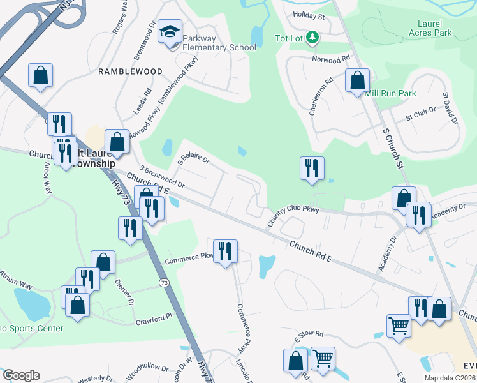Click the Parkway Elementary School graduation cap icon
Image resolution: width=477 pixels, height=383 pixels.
pos(170,32)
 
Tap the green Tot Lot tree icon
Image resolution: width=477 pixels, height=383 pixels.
pos(312,38)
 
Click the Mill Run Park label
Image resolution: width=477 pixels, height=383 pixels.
pos(390,93)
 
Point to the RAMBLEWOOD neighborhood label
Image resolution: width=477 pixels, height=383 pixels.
pos(130,71)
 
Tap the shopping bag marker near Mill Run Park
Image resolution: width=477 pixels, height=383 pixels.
pos(358,81)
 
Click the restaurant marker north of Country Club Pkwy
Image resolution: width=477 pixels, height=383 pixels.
pos(312,169)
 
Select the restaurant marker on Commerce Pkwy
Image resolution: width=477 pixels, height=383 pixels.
pos(225,251)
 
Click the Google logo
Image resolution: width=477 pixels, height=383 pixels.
pos(21,375)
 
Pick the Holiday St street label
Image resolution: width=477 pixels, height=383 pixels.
pos(309,16)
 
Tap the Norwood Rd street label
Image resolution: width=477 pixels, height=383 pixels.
pos(332,59)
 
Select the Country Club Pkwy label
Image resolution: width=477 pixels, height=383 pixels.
pos(293,214)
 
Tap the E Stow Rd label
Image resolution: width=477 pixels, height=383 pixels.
pos(309,334)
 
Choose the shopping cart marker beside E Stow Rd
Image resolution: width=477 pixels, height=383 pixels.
pos(399,326)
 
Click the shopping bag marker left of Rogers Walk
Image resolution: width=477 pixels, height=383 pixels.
pos(40,75)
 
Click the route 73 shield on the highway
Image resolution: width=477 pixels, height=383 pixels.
pos(165,282)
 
